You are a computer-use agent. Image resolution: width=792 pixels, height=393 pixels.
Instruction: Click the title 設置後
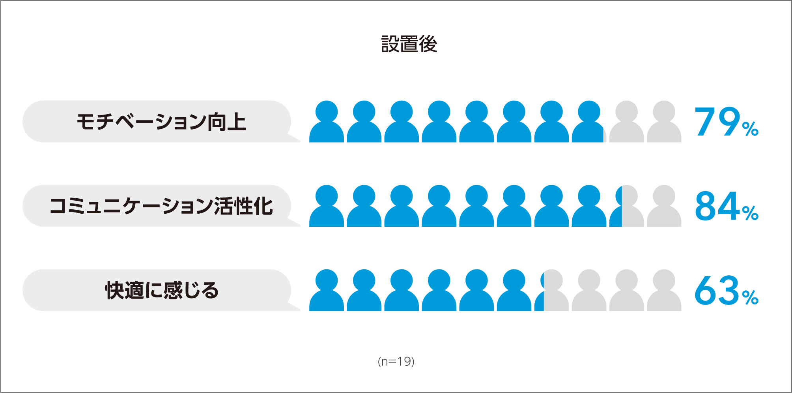pos(409,44)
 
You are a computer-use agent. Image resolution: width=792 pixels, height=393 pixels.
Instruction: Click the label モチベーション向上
pos(161,122)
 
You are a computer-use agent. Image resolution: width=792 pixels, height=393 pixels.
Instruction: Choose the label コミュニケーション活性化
pos(161,206)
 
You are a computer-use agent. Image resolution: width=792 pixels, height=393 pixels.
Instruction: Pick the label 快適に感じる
pos(161,291)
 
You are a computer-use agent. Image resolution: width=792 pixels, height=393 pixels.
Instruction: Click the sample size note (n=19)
pos(396,361)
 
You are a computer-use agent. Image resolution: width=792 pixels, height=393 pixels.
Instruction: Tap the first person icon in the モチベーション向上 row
pos(327,122)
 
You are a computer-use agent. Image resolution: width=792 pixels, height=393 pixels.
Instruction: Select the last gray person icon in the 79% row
pos(664,122)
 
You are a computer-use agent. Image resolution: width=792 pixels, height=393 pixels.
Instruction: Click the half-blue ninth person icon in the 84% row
pos(626,207)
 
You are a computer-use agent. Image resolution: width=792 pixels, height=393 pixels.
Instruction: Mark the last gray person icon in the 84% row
pos(664,207)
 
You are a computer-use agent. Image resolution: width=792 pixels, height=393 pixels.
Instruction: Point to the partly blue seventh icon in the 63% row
pos(551,291)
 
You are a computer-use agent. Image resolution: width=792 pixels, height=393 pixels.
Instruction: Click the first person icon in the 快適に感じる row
pos(327,291)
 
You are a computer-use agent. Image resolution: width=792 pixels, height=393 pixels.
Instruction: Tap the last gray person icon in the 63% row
pos(664,291)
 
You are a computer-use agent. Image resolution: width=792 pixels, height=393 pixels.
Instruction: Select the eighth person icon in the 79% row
pos(589,122)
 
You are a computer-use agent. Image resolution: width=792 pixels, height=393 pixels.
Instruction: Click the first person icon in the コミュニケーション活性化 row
pos(327,207)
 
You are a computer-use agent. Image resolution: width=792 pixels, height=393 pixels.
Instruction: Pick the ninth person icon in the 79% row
pos(626,122)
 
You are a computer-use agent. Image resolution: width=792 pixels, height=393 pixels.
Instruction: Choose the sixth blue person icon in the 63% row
pos(514,291)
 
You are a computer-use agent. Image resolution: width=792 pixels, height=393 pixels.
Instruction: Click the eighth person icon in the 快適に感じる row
pos(589,291)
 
